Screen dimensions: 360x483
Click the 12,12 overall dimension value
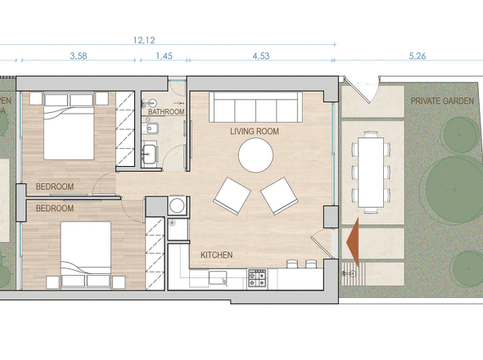145,38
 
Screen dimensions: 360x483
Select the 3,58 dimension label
79,56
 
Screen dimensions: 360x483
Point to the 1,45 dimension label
163,56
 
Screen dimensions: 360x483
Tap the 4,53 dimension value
261,56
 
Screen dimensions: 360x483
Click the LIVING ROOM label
255,131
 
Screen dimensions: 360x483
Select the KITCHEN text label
217,255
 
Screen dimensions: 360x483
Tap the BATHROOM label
166,112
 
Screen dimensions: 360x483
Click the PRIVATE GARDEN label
443,101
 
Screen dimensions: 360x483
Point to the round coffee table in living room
256,155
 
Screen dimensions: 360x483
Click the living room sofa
255,107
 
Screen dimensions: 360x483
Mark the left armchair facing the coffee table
232,196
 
